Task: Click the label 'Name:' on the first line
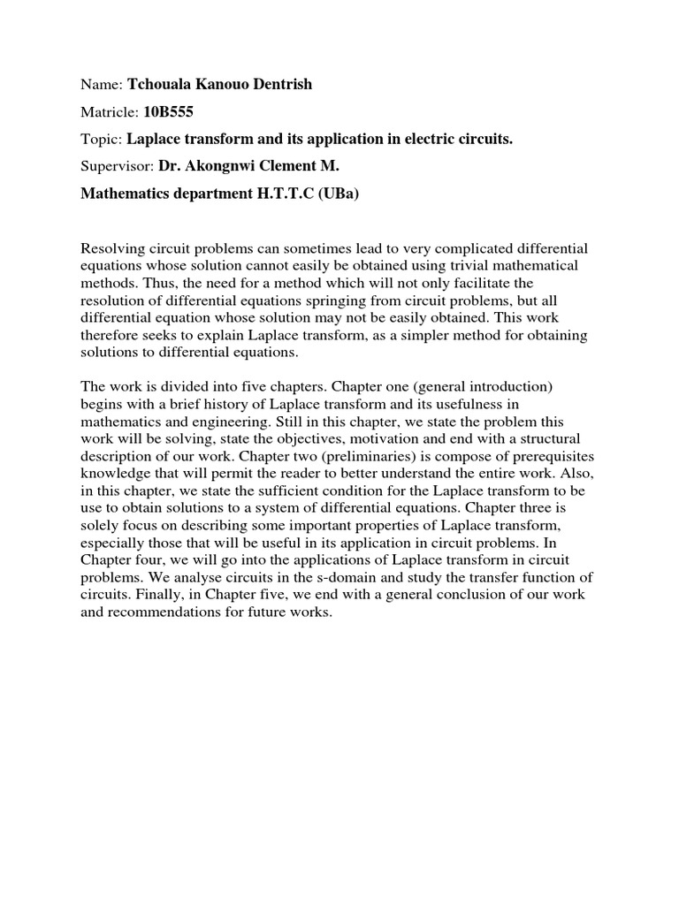(x=102, y=84)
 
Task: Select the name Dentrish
(x=282, y=84)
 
